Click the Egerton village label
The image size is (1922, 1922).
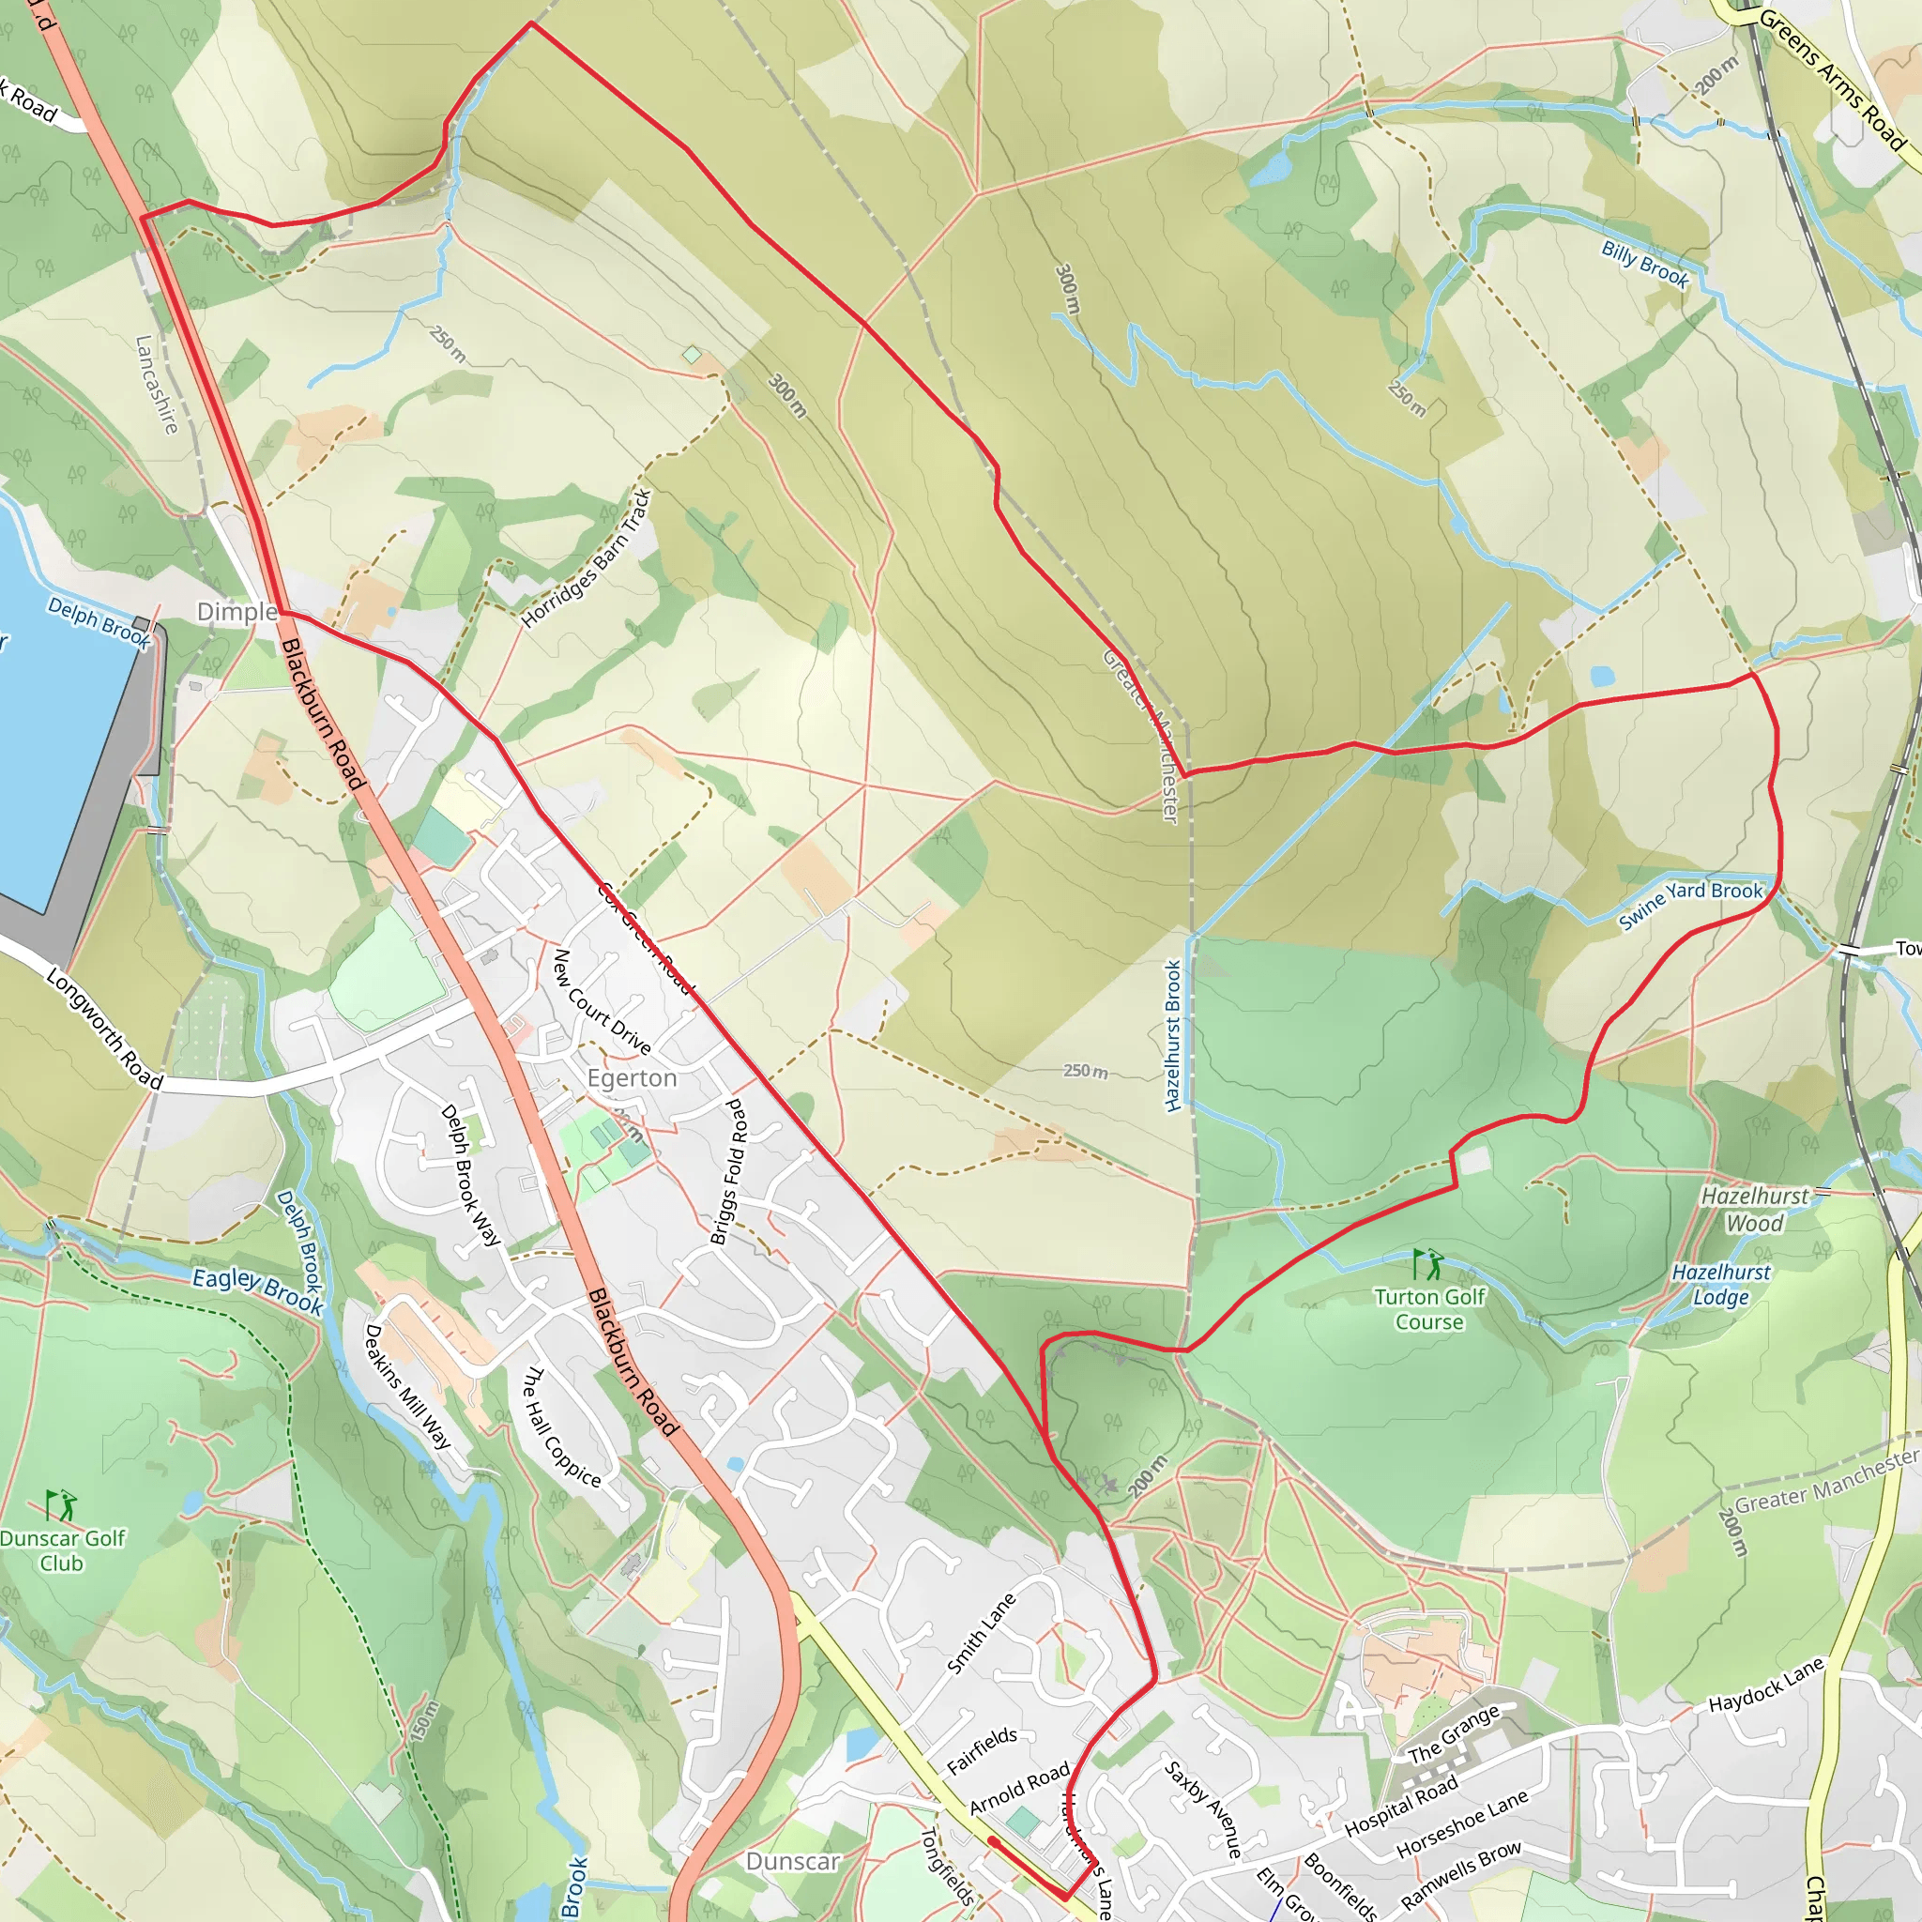pyautogui.click(x=632, y=1078)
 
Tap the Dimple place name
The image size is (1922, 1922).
pyautogui.click(x=236, y=612)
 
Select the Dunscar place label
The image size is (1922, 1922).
pyautogui.click(x=793, y=1861)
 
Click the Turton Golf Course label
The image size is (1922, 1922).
pyautogui.click(x=1429, y=1309)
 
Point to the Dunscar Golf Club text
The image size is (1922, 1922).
pyautogui.click(x=62, y=1550)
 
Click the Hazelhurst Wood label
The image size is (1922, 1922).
pyautogui.click(x=1755, y=1210)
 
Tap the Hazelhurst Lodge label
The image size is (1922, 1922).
pyautogui.click(x=1721, y=1285)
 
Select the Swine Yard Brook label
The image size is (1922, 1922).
pyautogui.click(x=1690, y=904)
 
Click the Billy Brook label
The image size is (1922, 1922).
pyautogui.click(x=1645, y=264)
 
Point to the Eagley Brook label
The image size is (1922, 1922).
pyautogui.click(x=258, y=1290)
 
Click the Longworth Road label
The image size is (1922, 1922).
pyautogui.click(x=104, y=1029)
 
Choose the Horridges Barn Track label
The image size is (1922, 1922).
pyautogui.click(x=587, y=558)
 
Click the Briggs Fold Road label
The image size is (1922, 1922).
pyautogui.click(x=730, y=1172)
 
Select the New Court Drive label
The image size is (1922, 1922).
pyautogui.click(x=601, y=1001)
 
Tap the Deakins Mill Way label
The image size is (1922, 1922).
pyautogui.click(x=407, y=1386)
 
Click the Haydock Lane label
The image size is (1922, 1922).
pyautogui.click(x=1766, y=1685)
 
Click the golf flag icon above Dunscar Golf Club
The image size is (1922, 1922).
pyautogui.click(x=61, y=1505)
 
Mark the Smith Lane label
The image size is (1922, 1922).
pyautogui.click(x=982, y=1634)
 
